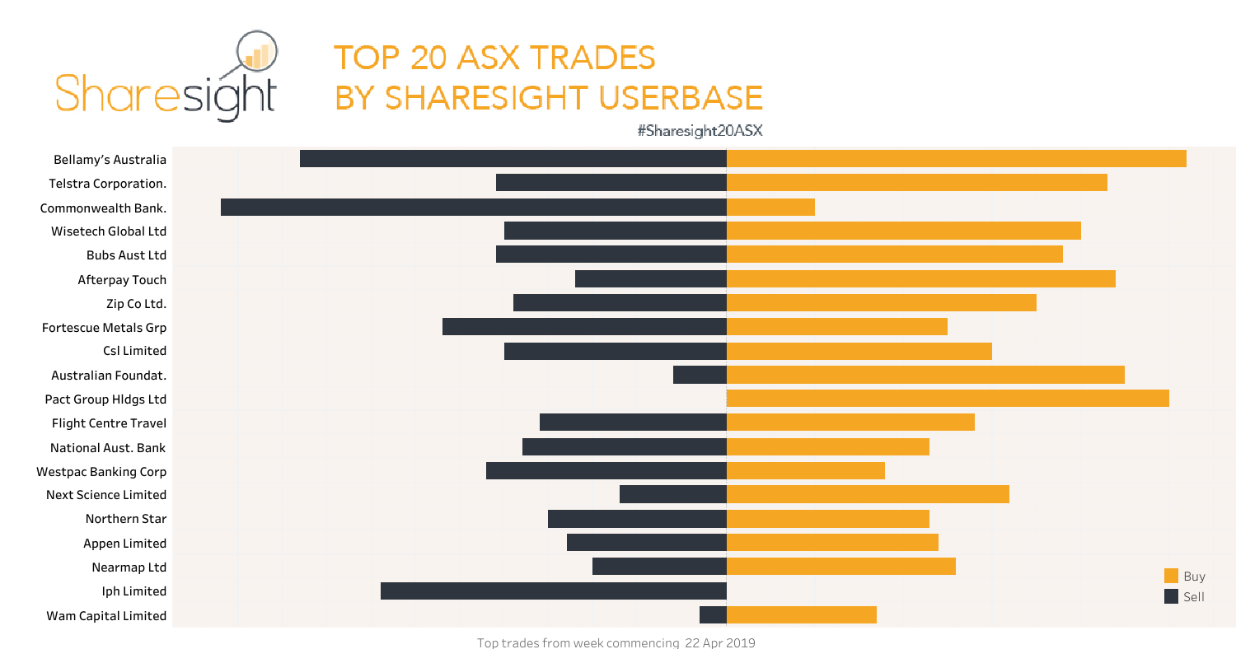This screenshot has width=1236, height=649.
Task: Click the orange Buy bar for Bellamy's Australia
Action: pos(956,159)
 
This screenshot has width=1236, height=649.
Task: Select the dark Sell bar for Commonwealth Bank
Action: pos(474,207)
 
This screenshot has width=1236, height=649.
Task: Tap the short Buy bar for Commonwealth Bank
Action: pos(770,207)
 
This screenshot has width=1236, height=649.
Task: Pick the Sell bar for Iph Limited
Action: pos(554,591)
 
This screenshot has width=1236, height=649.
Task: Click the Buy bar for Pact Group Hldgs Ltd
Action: pos(948,399)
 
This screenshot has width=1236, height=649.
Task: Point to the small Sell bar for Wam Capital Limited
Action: pos(713,615)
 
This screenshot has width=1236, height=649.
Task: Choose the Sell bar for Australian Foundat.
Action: pos(700,375)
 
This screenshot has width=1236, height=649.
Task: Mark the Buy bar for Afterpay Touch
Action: pos(920,279)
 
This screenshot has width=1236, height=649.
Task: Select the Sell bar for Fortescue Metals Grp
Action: pos(584,327)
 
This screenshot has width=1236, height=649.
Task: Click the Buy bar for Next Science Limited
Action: pos(868,494)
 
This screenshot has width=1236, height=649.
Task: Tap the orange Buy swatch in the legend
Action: pos(1171,576)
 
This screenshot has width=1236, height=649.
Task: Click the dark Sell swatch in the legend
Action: pos(1171,596)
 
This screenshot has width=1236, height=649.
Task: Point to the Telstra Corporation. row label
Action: pos(107,184)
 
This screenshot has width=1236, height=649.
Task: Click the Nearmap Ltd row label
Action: pos(129,567)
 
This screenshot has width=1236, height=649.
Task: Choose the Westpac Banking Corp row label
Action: pos(101,472)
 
